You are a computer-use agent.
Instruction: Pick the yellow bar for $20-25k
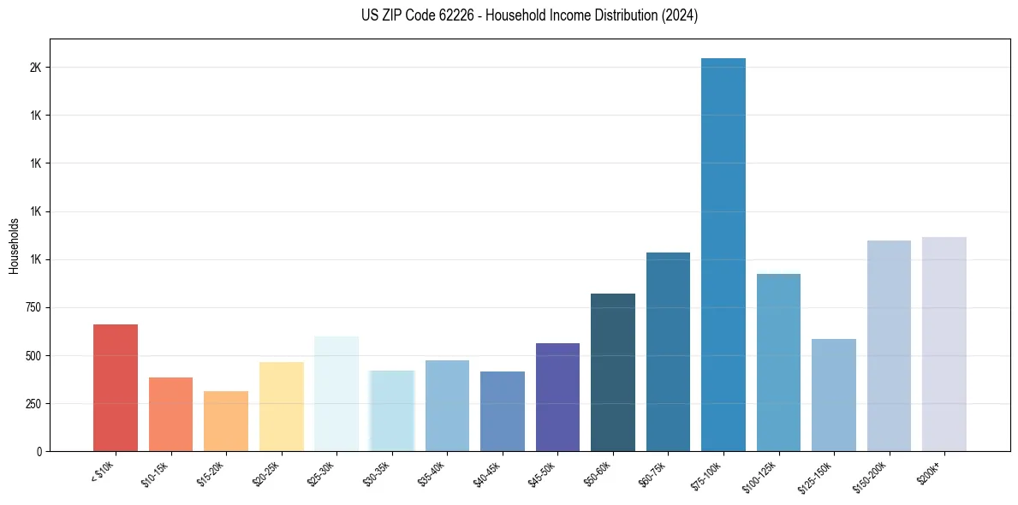pyautogui.click(x=282, y=407)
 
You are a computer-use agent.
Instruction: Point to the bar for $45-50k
pyautogui.click(x=557, y=397)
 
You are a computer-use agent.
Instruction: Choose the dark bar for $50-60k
pyautogui.click(x=613, y=372)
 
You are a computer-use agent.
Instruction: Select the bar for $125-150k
pyautogui.click(x=834, y=395)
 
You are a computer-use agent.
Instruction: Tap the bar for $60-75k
pyautogui.click(x=668, y=352)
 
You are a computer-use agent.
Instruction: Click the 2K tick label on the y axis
pyautogui.click(x=35, y=68)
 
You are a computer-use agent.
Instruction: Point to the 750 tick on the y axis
pyautogui.click(x=33, y=307)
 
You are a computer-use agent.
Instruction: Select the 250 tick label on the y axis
pyautogui.click(x=33, y=403)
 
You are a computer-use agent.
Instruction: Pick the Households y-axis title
pyautogui.click(x=14, y=246)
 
